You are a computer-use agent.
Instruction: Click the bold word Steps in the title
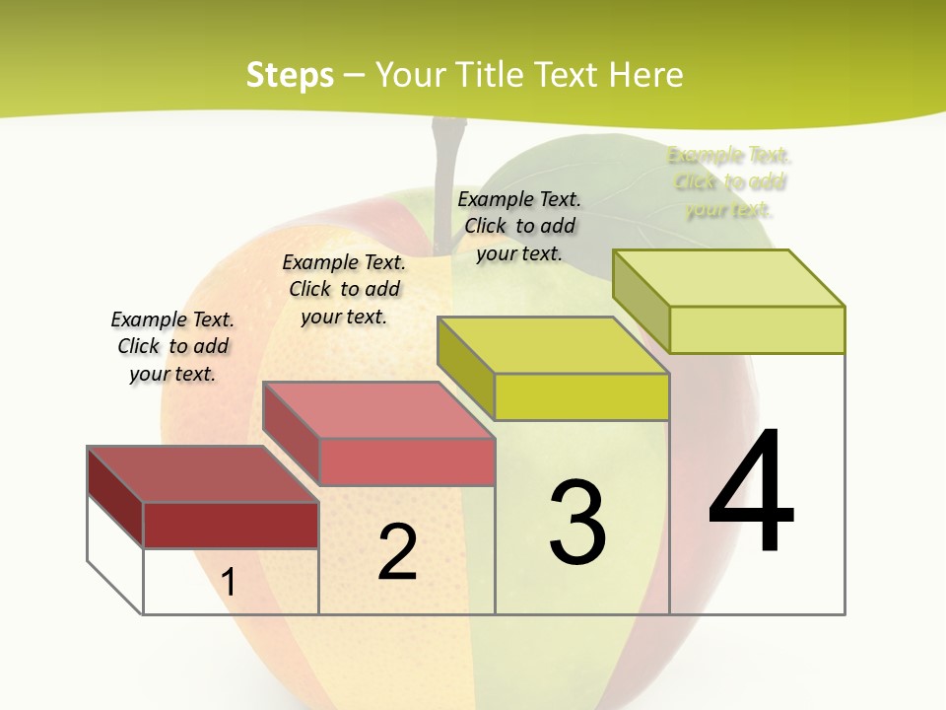pyautogui.click(x=289, y=75)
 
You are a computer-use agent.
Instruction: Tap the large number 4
pyautogui.click(x=751, y=492)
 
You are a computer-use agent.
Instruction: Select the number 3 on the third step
pyautogui.click(x=577, y=523)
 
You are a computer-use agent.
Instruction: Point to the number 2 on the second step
pyautogui.click(x=397, y=552)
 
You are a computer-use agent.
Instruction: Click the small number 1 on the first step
pyautogui.click(x=229, y=582)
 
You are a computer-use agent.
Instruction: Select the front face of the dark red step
pyautogui.click(x=231, y=525)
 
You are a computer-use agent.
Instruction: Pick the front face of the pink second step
pyautogui.click(x=407, y=461)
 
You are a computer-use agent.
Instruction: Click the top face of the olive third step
pyautogui.click(x=553, y=345)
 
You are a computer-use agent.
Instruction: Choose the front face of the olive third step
pyautogui.click(x=581, y=396)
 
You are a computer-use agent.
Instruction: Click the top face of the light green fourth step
pyautogui.click(x=728, y=278)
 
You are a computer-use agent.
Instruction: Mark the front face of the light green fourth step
pyautogui.click(x=757, y=329)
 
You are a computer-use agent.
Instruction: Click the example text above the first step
pyautogui.click(x=172, y=346)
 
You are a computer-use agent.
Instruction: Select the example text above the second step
pyautogui.click(x=344, y=289)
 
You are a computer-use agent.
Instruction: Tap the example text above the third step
pyautogui.click(x=519, y=226)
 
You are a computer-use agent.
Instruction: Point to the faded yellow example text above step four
pyautogui.click(x=729, y=181)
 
